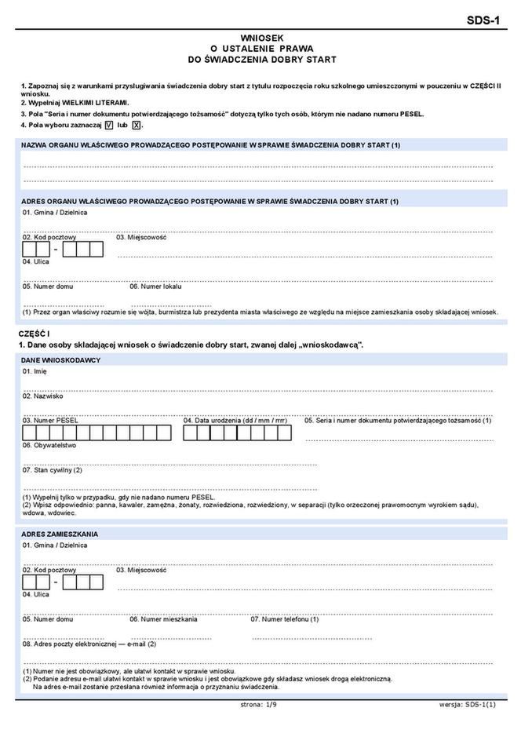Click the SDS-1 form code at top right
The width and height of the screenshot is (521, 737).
pos(484,21)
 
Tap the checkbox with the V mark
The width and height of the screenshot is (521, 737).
pos(108,125)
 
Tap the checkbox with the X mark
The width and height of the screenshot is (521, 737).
pos(136,125)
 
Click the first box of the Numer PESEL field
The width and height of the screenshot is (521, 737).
pos(31,432)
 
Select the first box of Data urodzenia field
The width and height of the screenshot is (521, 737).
pos(192,432)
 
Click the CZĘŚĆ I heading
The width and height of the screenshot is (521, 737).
pos(35,334)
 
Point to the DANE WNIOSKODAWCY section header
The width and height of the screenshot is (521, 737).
pos(61,359)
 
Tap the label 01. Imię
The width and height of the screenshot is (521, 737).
pos(35,370)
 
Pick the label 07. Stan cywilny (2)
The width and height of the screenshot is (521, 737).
pos(53,469)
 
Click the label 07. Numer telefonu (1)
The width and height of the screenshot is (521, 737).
pos(285,618)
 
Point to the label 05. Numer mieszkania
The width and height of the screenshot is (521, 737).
pos(164,618)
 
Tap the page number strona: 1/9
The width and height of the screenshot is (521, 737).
pos(259,705)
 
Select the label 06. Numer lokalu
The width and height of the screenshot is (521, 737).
pos(155,286)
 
